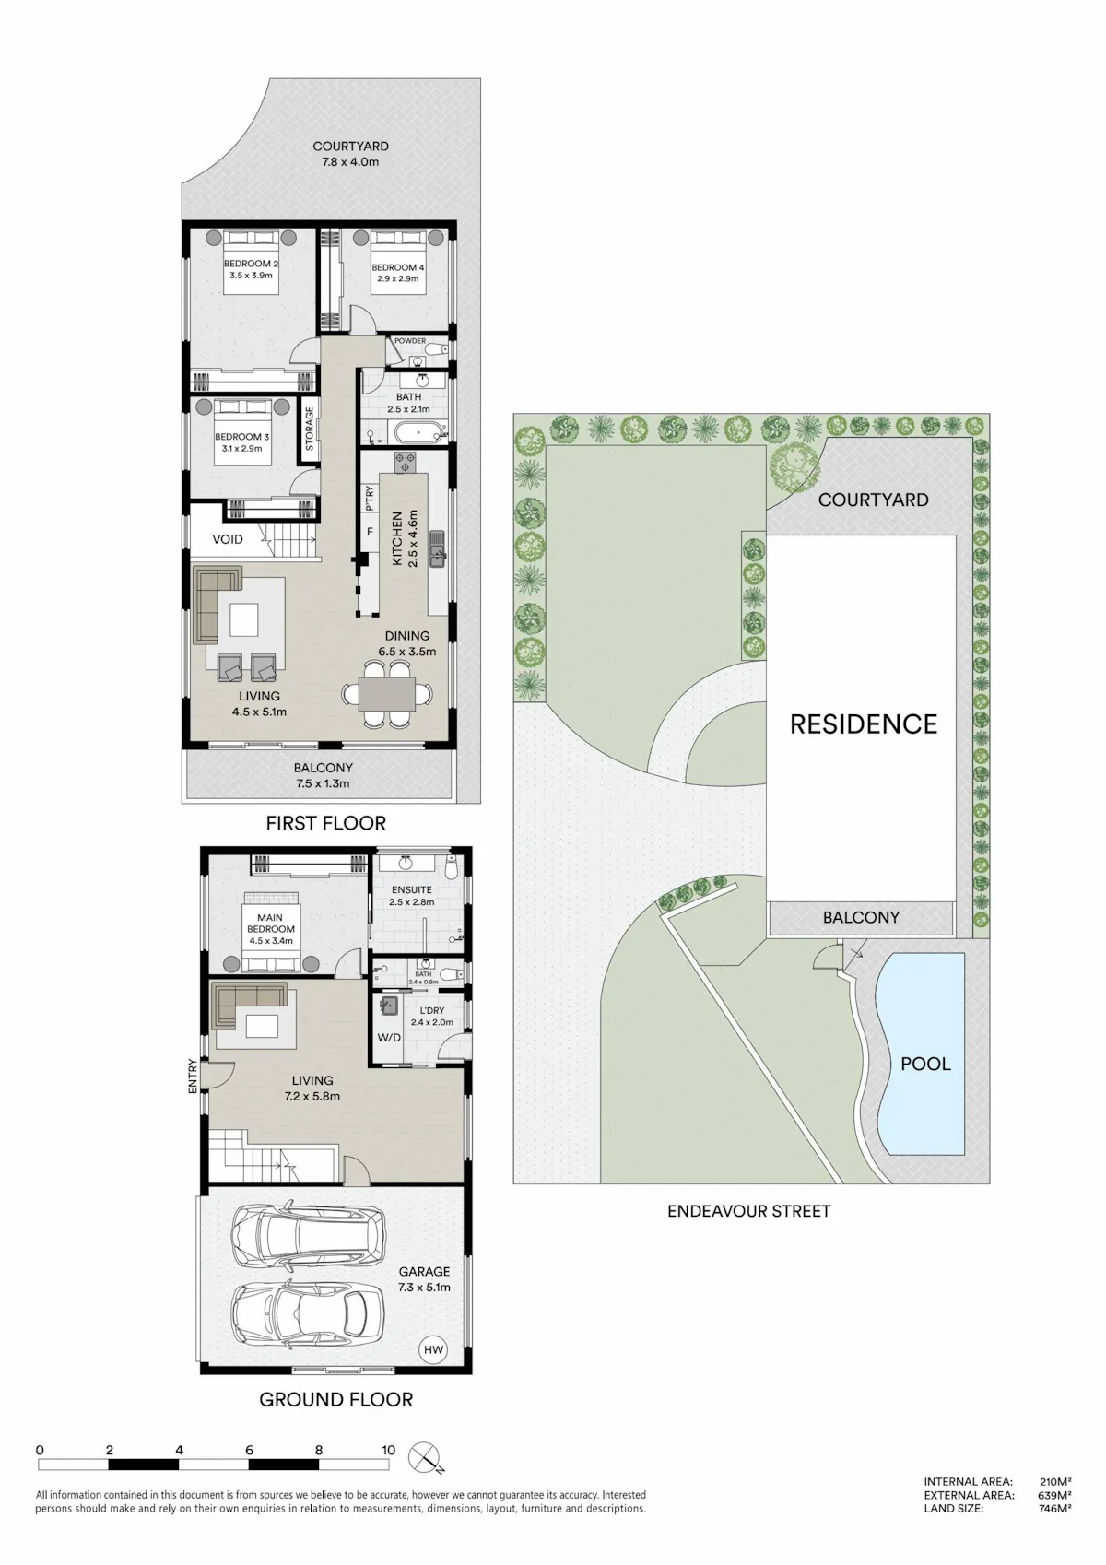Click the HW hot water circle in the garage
(x=433, y=1350)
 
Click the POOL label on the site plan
(x=925, y=1064)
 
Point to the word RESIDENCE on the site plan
(x=864, y=724)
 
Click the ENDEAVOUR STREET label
(x=749, y=1211)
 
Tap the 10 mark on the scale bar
(x=388, y=1451)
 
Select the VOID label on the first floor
(x=228, y=539)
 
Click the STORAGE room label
(x=310, y=429)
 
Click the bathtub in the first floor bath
(x=418, y=432)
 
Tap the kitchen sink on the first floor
(x=438, y=549)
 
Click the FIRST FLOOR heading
(x=325, y=823)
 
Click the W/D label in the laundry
(x=389, y=1038)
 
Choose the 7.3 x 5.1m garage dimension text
(x=424, y=1288)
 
